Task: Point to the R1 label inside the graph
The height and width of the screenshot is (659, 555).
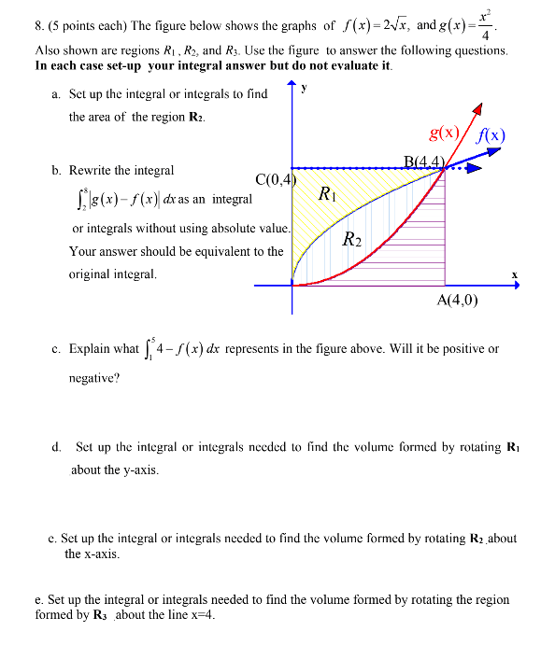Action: (326, 194)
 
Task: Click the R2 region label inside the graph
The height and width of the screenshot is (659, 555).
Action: (352, 239)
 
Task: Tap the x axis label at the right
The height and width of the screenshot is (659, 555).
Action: (514, 273)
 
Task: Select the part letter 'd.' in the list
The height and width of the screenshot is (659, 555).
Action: (56, 448)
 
